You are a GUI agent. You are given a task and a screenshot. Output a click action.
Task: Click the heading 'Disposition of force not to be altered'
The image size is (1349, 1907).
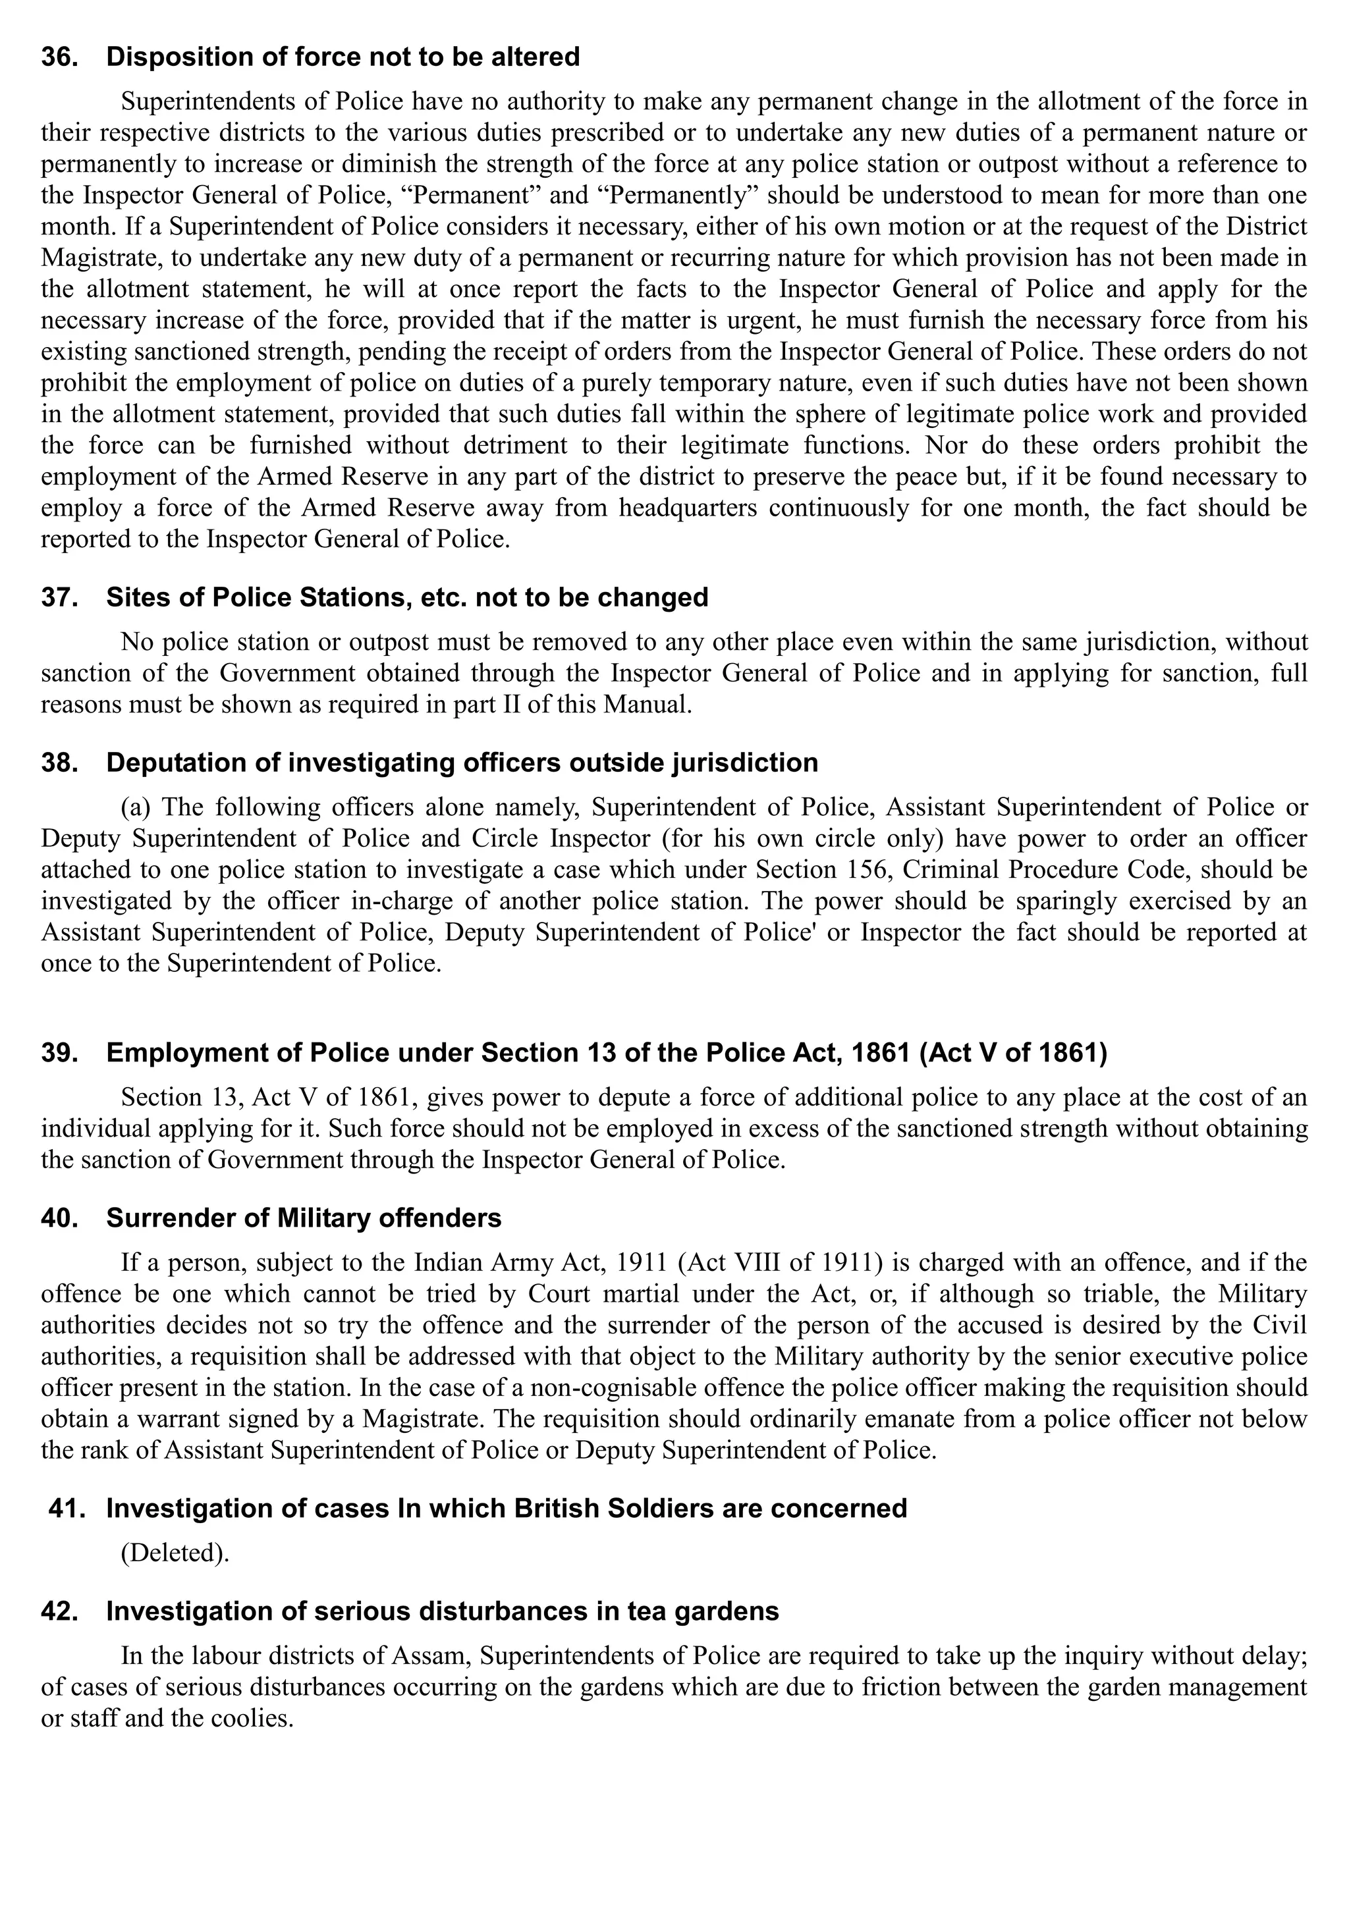tap(343, 57)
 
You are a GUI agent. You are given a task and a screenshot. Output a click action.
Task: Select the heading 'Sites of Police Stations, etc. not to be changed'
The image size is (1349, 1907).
tap(407, 597)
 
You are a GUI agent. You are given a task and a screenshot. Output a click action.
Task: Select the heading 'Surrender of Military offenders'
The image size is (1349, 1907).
tap(304, 1218)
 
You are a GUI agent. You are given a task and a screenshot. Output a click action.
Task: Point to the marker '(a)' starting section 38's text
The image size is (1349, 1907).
tap(137, 807)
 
